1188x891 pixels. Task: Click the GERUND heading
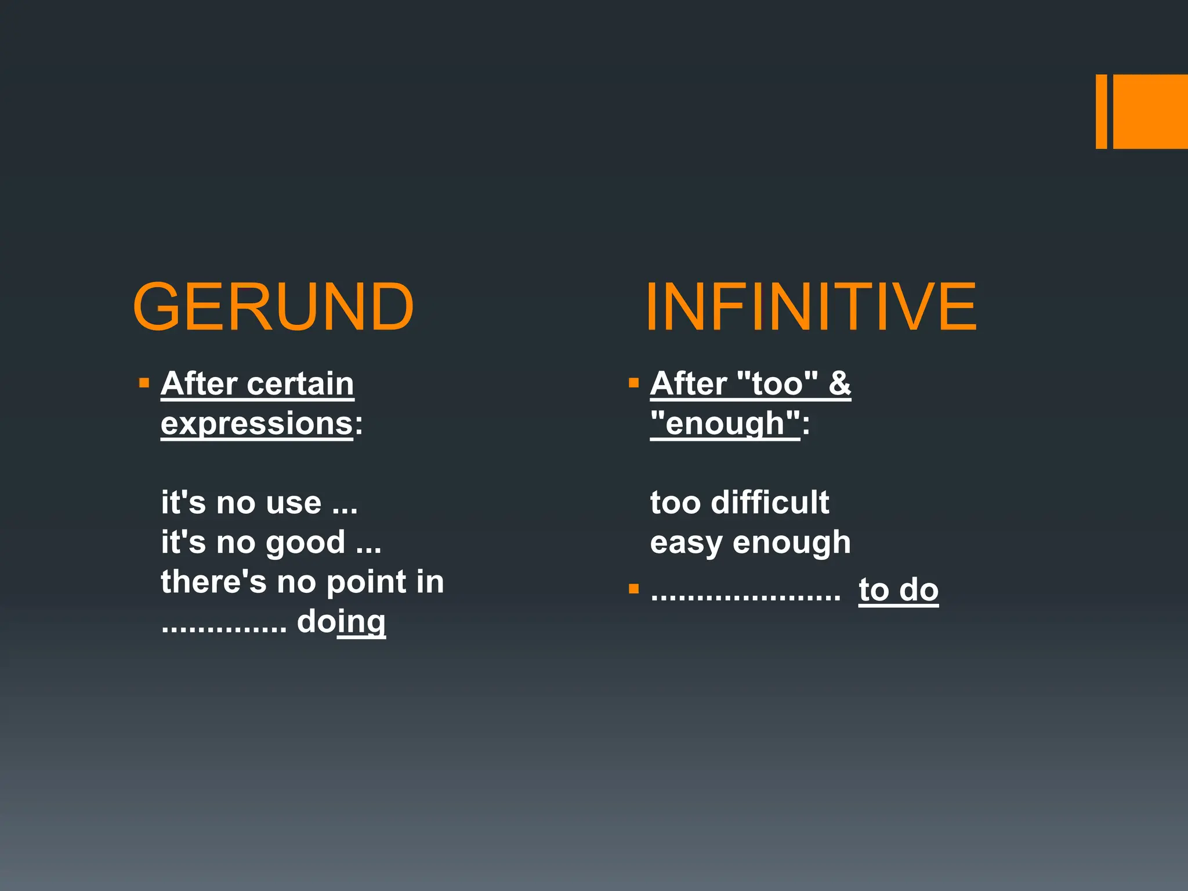(x=273, y=306)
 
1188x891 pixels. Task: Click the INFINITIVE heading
(x=811, y=306)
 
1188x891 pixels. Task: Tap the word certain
(x=300, y=384)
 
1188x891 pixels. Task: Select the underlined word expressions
(x=256, y=423)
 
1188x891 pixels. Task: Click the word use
(x=293, y=503)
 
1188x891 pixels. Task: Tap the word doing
(x=341, y=622)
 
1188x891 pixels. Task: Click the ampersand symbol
(x=839, y=384)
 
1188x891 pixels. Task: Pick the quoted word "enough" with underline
(x=725, y=423)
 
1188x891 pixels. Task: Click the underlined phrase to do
(x=898, y=591)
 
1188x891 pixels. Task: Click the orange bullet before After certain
(x=144, y=383)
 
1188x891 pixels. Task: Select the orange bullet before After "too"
(x=633, y=383)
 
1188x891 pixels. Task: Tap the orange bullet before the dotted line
(x=633, y=589)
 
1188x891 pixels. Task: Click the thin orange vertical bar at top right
(x=1101, y=111)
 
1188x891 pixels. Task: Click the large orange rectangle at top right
(x=1150, y=111)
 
